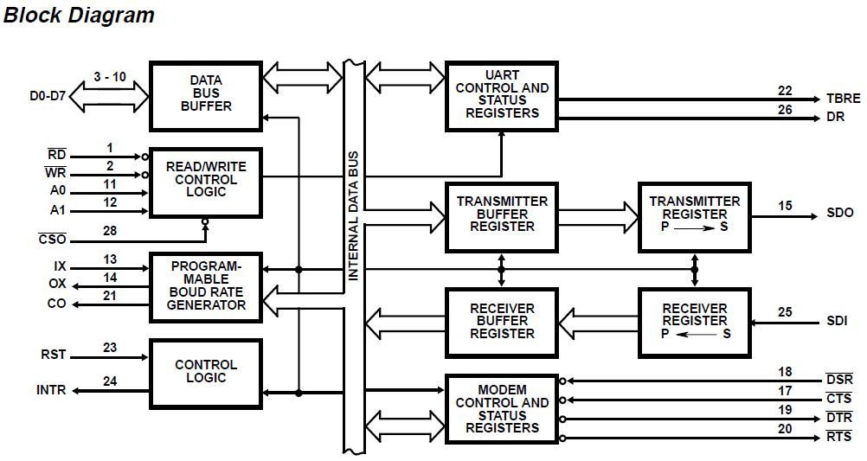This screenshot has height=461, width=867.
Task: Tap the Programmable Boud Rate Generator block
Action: (206, 286)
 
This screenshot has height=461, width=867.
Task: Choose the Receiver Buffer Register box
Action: (502, 321)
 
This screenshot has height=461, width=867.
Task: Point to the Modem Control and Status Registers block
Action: (502, 409)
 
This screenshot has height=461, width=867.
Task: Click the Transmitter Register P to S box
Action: (695, 215)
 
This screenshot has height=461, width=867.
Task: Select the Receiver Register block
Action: (695, 322)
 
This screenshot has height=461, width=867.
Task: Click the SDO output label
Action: (839, 213)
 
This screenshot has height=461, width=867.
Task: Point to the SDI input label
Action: (837, 322)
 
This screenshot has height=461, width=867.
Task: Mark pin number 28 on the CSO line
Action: (110, 231)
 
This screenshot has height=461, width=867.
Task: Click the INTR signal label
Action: (51, 391)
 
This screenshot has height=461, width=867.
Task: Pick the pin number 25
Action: (785, 311)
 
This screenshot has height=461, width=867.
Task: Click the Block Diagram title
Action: (79, 15)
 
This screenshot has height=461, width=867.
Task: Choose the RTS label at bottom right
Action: (838, 438)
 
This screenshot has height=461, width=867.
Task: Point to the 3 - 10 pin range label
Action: (110, 77)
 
